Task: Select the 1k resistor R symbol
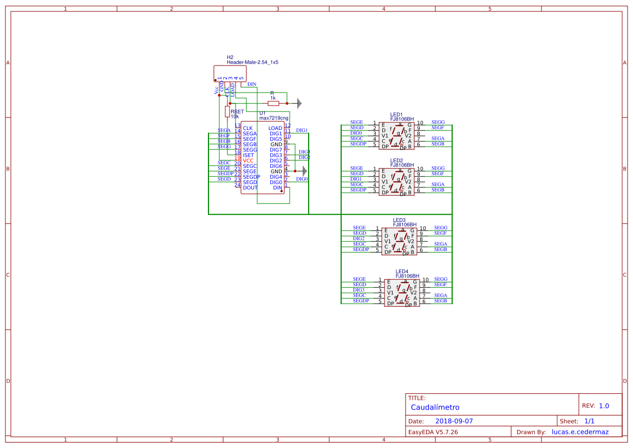tap(273, 103)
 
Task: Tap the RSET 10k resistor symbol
tap(227, 111)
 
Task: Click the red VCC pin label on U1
tap(248, 161)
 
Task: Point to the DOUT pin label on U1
tap(250, 188)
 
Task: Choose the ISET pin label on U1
tap(249, 155)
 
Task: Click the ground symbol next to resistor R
tap(297, 103)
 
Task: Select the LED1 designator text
tap(396, 115)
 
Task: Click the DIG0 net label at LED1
tap(356, 133)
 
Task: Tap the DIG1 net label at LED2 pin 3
tap(356, 179)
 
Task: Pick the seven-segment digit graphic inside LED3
tap(402, 241)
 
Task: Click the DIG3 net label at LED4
tap(359, 290)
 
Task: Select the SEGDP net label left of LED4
tap(361, 301)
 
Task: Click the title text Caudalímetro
tap(435, 407)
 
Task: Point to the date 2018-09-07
tap(454, 421)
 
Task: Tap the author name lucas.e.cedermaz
tap(580, 432)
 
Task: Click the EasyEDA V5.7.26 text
tap(433, 432)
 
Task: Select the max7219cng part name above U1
tap(274, 118)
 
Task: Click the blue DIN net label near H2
tap(252, 84)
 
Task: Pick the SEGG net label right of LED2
tap(438, 168)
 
